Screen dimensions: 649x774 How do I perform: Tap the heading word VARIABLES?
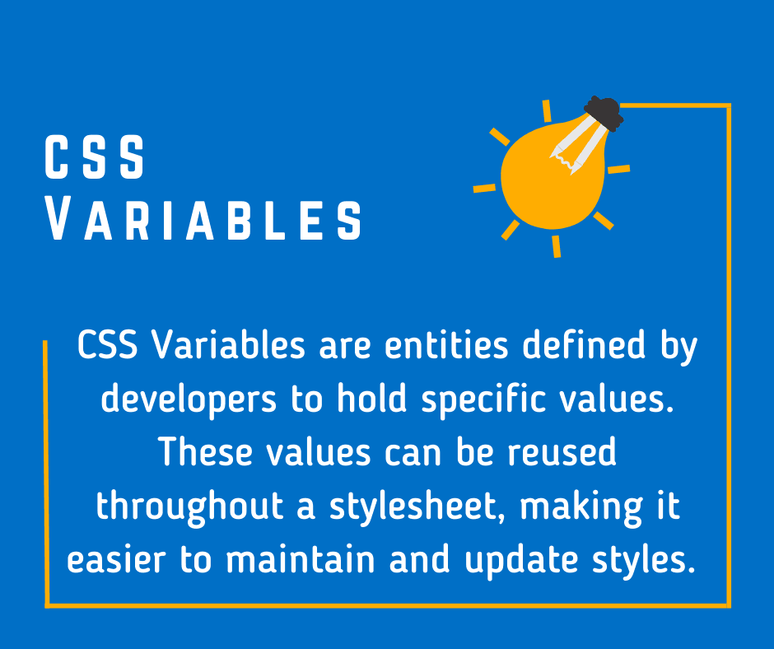(203, 220)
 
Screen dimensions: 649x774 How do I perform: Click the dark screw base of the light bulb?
(604, 113)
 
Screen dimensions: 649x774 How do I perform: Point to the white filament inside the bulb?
(576, 147)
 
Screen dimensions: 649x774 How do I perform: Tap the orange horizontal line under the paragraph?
(387, 605)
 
